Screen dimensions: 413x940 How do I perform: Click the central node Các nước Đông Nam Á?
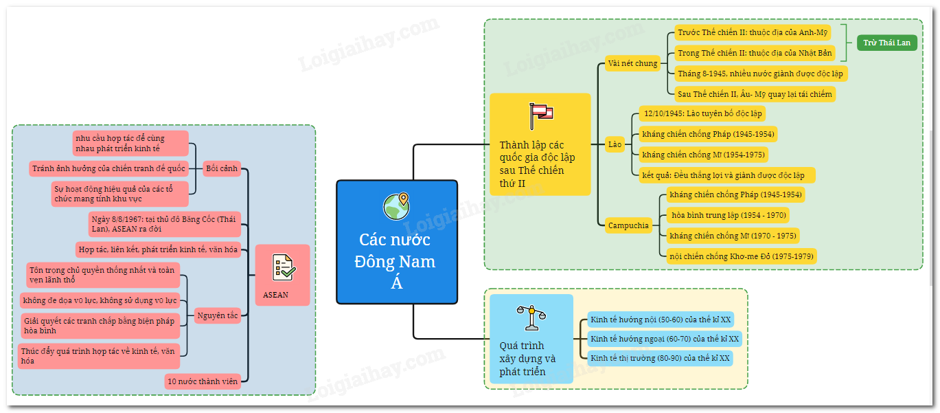[396, 242]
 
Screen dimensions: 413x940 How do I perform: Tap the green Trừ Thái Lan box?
[887, 43]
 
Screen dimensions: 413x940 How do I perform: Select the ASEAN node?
[282, 275]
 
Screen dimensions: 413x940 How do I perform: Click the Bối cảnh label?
[222, 168]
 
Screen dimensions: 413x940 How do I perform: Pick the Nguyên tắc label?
[218, 316]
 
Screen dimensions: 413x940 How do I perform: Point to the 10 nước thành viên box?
[203, 381]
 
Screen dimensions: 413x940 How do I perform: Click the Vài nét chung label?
[632, 64]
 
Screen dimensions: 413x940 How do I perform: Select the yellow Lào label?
[615, 144]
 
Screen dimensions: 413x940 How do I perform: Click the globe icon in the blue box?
[396, 205]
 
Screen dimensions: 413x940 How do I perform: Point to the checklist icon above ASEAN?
[283, 266]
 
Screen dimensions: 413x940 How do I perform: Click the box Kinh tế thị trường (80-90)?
[660, 358]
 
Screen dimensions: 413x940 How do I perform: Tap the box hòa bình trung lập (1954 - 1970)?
[727, 215]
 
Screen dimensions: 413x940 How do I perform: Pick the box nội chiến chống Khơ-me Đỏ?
[742, 256]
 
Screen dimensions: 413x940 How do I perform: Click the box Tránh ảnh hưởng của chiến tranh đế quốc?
[108, 168]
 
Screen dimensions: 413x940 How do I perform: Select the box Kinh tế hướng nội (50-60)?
[661, 320]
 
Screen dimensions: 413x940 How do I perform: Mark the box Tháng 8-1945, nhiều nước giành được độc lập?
[759, 73]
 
